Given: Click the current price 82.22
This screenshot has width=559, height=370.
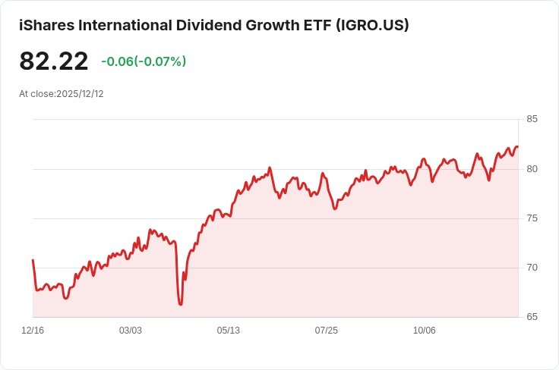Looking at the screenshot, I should click(x=54, y=61).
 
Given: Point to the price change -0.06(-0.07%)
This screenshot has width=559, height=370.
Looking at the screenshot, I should click(x=144, y=61).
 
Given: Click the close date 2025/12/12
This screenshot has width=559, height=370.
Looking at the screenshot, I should click(x=80, y=94).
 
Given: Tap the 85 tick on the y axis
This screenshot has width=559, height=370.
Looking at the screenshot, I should click(x=532, y=119).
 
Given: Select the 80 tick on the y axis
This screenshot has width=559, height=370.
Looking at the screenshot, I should click(x=532, y=168).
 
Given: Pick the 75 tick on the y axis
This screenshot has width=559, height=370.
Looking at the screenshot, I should click(x=532, y=218).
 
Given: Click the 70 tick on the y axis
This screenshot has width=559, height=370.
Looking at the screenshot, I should click(x=532, y=268).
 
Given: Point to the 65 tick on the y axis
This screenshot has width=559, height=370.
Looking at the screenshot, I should click(x=532, y=317).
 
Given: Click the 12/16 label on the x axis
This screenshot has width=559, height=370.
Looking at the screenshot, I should click(x=33, y=331).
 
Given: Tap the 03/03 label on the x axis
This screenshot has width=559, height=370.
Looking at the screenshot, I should click(x=131, y=331).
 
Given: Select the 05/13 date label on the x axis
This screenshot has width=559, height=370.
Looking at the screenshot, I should click(x=229, y=331).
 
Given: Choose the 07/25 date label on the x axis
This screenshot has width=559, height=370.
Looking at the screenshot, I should click(x=327, y=331).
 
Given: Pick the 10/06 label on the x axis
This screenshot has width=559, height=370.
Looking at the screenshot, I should click(x=425, y=331).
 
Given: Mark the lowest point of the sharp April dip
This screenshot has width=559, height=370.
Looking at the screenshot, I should click(x=181, y=304).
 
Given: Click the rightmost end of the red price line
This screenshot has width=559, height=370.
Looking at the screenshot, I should click(x=517, y=147).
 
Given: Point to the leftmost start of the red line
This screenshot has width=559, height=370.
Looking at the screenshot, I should click(x=33, y=260).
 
